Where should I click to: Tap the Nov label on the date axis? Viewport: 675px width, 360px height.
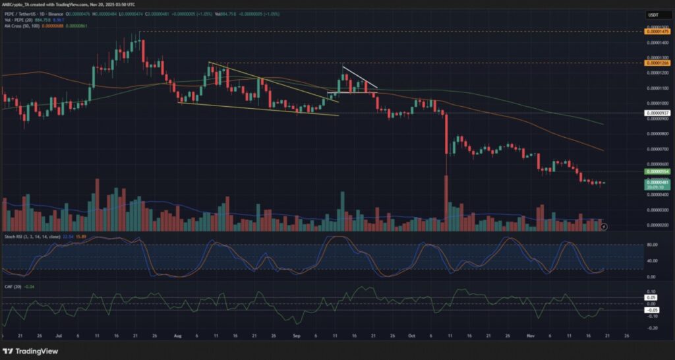click(x=530, y=335)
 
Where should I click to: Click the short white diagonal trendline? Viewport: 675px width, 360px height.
click(x=359, y=76)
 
